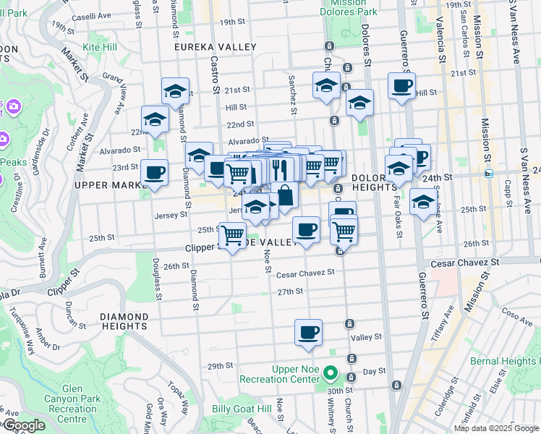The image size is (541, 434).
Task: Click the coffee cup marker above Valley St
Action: tap(308, 333)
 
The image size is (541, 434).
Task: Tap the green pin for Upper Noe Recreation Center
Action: tap(331, 374)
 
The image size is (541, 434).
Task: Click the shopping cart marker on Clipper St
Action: tap(232, 236)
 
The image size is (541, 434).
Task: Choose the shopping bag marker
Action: tap(285, 195)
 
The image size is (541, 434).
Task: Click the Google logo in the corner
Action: tap(23, 425)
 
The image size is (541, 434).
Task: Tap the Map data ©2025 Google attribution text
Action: tap(496, 428)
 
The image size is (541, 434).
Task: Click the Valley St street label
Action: tap(366, 337)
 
